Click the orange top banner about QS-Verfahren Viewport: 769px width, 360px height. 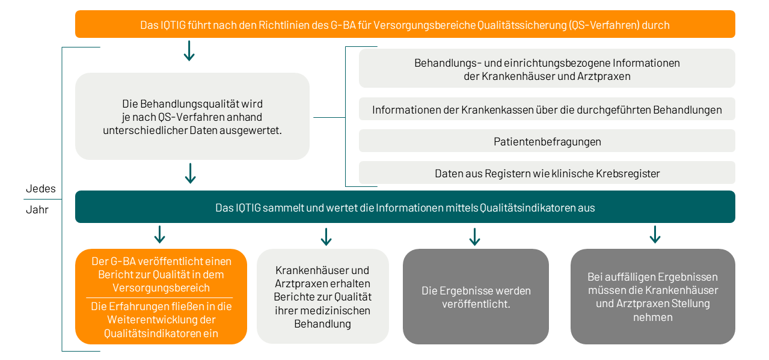coord(405,25)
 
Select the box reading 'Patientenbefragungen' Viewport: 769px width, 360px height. coord(547,141)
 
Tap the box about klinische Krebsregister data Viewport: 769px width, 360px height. coord(547,173)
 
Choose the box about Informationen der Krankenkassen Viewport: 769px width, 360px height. coord(547,109)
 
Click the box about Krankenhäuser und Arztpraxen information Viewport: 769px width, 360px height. coord(547,69)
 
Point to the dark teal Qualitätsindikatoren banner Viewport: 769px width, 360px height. coord(405,207)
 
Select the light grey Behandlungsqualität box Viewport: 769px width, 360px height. coord(192,117)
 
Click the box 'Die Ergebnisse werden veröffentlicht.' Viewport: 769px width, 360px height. coord(476,297)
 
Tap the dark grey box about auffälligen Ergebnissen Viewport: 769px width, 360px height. coord(652,297)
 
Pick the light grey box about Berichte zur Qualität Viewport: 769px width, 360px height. coord(323,297)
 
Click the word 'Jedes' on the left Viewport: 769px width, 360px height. coord(40,189)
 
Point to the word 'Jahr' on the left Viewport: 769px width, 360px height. coord(37,210)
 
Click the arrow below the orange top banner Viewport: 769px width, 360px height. coord(189,51)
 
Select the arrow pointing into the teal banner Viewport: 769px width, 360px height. coord(190,173)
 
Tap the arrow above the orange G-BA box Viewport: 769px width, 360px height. coord(159,234)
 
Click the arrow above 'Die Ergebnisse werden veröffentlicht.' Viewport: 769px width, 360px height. coord(474,237)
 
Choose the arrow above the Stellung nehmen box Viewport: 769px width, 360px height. coord(655,234)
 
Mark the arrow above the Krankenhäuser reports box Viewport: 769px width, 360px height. coord(326,237)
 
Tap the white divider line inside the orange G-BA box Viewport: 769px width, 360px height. coord(160,297)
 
